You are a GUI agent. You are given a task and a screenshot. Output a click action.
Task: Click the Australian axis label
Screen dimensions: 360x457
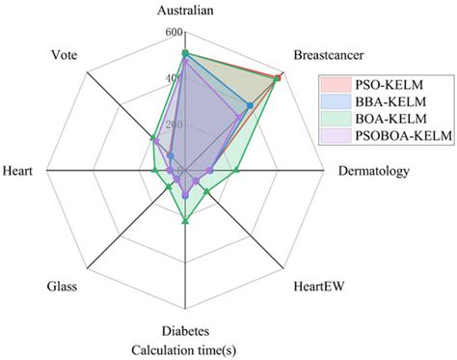(x=186, y=11)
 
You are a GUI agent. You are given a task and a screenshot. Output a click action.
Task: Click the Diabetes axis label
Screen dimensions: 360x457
(x=186, y=331)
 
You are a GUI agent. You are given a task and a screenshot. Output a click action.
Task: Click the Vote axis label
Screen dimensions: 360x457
(x=64, y=56)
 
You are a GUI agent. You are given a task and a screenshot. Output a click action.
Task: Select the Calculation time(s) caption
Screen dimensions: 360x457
(x=185, y=348)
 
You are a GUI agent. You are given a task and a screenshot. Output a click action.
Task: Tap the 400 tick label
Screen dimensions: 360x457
(x=174, y=78)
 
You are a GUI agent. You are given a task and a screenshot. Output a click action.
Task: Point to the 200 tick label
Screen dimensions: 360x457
(x=174, y=125)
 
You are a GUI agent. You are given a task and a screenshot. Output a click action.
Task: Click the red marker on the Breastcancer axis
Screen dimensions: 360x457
(x=280, y=75)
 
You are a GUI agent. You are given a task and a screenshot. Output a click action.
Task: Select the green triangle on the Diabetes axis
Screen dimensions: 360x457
(x=185, y=222)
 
